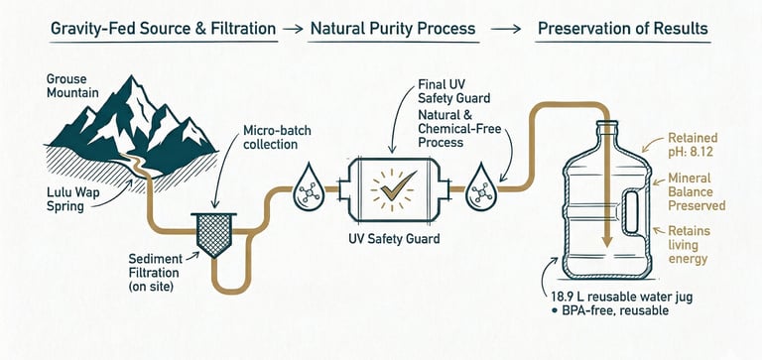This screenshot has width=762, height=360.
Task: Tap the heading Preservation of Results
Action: [622, 29]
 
